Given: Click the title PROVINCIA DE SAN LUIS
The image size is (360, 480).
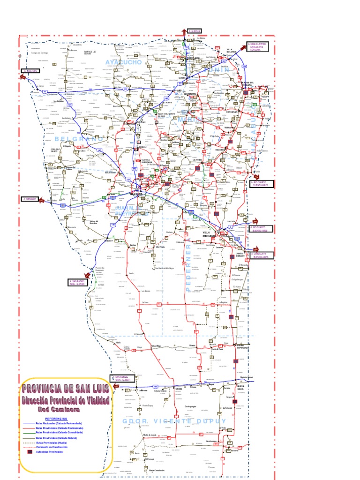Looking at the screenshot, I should point(66,389).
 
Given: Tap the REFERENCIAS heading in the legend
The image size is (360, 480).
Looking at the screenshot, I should point(56,418).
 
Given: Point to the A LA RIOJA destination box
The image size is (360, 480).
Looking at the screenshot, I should point(194,31).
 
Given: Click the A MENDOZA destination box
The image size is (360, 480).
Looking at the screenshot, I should point(29,199).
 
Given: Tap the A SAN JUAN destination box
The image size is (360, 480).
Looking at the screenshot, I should point(29,71).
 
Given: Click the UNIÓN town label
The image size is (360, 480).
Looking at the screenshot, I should point(179,389).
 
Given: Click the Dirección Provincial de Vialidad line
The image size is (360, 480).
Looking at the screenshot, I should point(66,400).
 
